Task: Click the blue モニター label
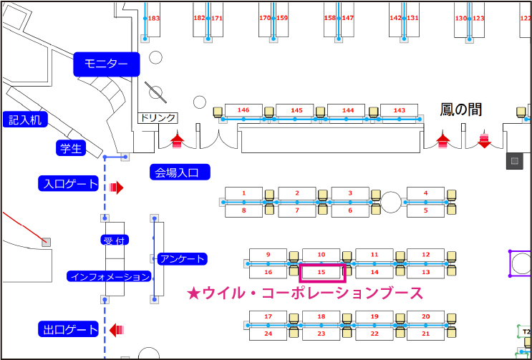tap(106, 64)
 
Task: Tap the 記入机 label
tap(24, 119)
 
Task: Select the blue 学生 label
tap(71, 148)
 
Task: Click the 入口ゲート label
tap(69, 184)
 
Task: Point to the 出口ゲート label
tap(69, 330)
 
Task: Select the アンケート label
tap(182, 258)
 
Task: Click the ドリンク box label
tap(157, 118)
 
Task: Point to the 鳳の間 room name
tap(460, 110)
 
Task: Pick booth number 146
tap(243, 110)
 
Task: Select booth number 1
tap(243, 193)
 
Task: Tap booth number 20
tap(425, 316)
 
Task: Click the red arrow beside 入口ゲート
tap(117, 188)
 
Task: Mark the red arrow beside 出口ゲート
tap(117, 330)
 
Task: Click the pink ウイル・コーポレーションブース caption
tap(304, 293)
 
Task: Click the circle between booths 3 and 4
tap(390, 202)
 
